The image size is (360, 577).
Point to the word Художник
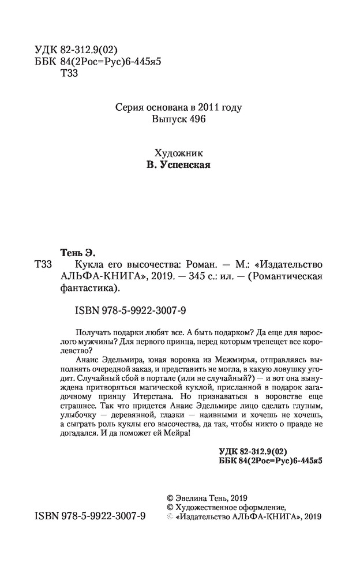[x=178, y=153]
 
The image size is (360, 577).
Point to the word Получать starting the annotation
[x=94, y=332]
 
